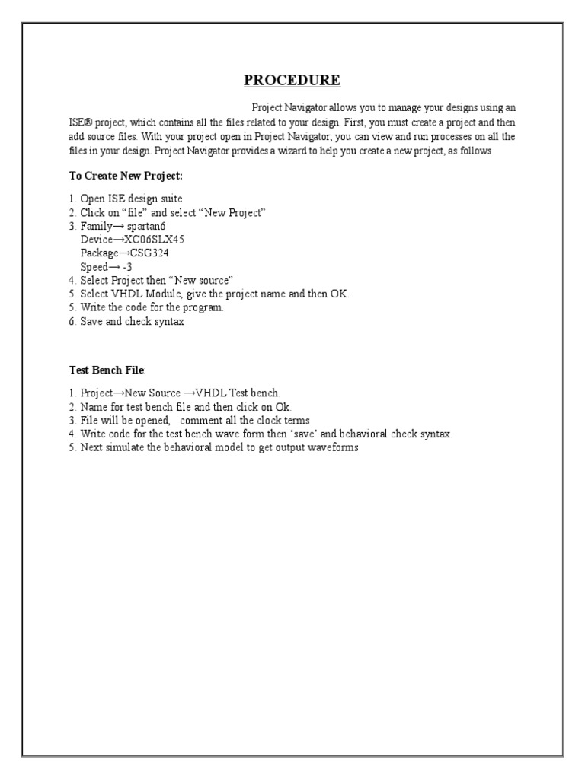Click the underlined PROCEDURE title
pyautogui.click(x=292, y=81)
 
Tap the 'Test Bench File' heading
pyautogui.click(x=106, y=370)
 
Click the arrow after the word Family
pyautogui.click(x=115, y=226)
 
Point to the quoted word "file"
pyautogui.click(x=137, y=212)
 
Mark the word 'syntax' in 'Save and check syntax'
pyautogui.click(x=168, y=322)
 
